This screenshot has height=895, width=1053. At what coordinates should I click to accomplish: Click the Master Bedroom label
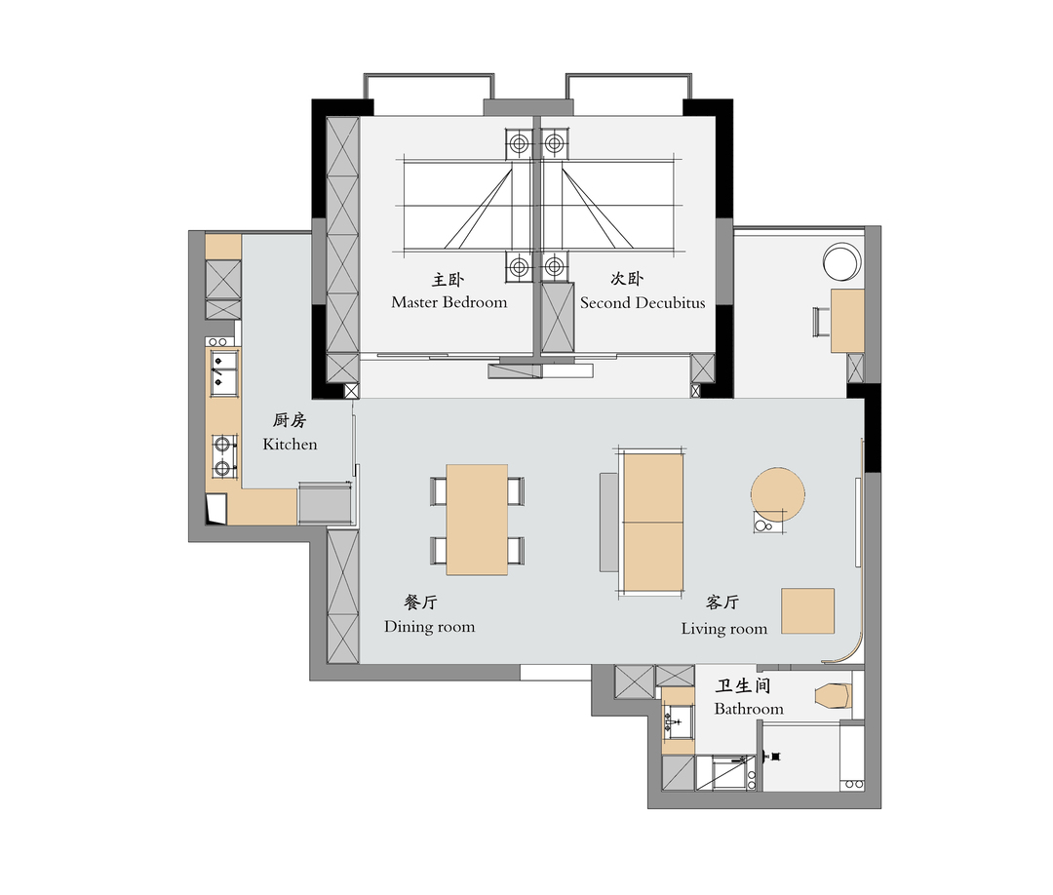[448, 302]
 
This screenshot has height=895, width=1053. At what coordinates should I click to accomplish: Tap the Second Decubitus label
[643, 303]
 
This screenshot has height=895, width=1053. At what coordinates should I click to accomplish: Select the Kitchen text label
[290, 444]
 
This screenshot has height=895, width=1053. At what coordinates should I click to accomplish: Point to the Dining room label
[429, 627]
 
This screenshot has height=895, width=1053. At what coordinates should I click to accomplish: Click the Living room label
[723, 629]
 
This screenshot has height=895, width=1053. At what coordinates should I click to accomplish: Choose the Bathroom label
[748, 709]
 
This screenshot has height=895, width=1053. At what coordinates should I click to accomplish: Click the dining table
[477, 520]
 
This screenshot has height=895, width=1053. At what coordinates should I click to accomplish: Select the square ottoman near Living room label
[808, 611]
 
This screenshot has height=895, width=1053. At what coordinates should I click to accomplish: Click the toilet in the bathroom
[834, 695]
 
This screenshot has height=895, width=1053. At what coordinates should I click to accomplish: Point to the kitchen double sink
[223, 371]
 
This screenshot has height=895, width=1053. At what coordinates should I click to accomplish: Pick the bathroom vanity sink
[678, 720]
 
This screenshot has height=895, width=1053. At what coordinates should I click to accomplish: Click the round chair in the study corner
[841, 262]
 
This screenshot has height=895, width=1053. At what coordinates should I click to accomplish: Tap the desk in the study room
[847, 321]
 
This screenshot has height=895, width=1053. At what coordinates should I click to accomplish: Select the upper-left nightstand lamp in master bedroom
[519, 143]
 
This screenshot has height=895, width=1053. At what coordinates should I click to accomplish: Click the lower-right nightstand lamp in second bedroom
[554, 267]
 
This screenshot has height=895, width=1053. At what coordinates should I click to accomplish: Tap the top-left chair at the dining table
[439, 490]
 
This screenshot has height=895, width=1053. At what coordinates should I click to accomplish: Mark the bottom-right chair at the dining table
[516, 551]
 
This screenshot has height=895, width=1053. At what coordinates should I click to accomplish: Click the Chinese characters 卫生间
[743, 685]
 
